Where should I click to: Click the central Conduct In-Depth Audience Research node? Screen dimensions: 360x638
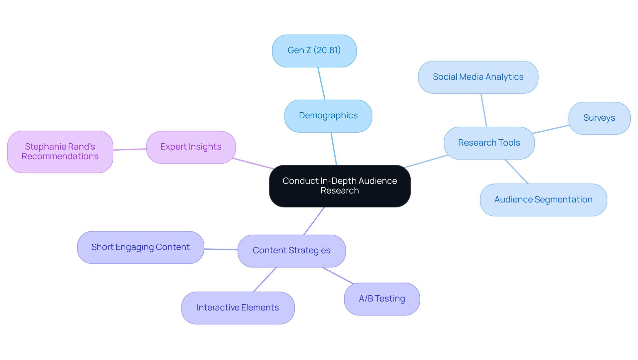(340, 186)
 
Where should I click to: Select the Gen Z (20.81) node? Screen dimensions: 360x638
(314, 51)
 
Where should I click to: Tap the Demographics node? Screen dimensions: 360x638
(328, 116)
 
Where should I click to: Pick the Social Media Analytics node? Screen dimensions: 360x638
(478, 77)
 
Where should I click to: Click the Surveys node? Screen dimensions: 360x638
(599, 118)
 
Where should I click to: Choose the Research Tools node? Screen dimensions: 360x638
(489, 143)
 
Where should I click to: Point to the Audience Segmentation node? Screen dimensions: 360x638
(543, 200)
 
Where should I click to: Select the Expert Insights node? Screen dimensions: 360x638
(191, 147)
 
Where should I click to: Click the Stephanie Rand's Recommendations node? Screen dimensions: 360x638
(60, 152)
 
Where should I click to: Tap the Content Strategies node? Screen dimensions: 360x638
(291, 251)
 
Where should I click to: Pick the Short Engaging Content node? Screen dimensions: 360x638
(140, 247)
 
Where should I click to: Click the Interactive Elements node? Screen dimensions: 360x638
(238, 308)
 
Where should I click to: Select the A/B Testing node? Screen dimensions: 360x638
(382, 299)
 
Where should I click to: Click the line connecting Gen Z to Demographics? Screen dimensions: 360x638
(321, 83)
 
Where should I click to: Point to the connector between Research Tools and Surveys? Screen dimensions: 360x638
(551, 129)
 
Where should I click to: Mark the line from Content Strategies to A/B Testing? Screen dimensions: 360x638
(338, 276)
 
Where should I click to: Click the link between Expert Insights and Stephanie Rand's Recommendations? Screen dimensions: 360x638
(130, 150)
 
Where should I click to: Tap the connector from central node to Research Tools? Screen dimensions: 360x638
(426, 161)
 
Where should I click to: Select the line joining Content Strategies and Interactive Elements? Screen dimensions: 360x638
(265, 280)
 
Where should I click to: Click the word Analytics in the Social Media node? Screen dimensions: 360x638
(504, 77)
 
